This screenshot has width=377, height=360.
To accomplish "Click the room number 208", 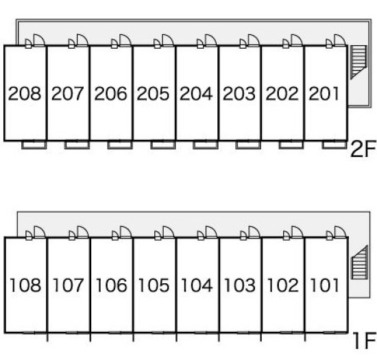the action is tap(25, 93).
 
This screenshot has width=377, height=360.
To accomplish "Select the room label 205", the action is tap(153, 93).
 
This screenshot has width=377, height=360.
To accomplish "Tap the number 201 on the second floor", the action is tap(324, 93).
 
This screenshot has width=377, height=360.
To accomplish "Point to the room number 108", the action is tap(25, 285).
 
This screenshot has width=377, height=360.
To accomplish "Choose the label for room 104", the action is tap(197, 285).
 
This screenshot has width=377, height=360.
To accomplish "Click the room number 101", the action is tap(325, 285).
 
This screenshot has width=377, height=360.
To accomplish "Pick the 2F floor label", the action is tap(363, 149).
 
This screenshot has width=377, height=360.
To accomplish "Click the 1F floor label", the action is tap(365, 340).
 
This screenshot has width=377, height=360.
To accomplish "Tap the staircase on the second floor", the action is tap(358, 62).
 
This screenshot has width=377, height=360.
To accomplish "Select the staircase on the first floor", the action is tap(360, 263).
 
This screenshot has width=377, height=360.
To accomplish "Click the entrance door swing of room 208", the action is tap(39, 40).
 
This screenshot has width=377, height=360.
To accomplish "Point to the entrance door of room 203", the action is tap(254, 40).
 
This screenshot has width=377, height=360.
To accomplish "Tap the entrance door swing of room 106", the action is tap(125, 232).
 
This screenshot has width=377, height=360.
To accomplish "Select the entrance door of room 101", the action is tap(339, 232).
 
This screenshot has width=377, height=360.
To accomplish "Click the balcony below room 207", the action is tap(77, 145).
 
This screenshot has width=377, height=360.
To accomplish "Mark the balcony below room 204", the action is tap(206, 145).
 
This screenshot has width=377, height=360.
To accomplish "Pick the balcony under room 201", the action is tap(335, 145).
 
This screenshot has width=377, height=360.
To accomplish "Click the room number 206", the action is tap(110, 93).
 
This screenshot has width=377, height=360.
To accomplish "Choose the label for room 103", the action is tap(240, 285).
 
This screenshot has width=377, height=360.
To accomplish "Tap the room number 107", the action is tap(68, 285).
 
